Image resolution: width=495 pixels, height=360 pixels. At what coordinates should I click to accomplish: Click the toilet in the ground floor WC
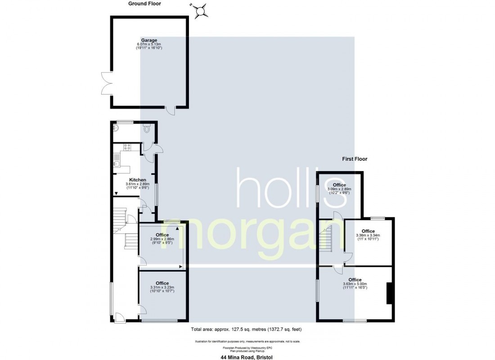tap(147, 129)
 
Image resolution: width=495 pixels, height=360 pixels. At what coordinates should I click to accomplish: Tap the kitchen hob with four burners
tap(127, 147)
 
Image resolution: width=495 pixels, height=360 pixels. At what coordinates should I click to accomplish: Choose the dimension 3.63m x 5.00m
tap(355, 284)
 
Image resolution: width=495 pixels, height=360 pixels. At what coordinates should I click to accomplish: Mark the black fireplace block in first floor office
tap(390, 293)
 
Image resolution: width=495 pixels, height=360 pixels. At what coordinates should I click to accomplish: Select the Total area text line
tap(246, 329)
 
